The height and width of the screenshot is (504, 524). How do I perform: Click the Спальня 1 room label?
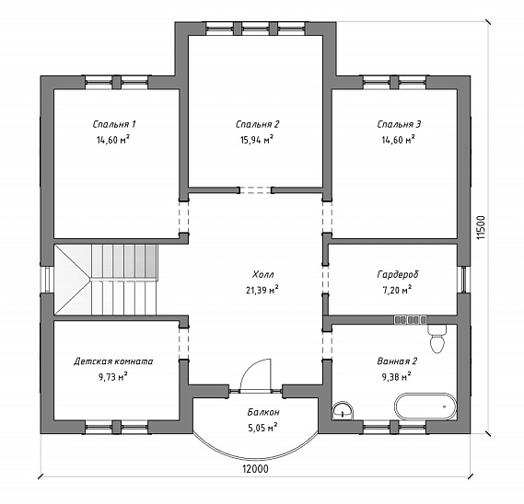click(x=114, y=124)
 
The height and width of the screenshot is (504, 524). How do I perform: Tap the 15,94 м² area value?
click(x=257, y=140)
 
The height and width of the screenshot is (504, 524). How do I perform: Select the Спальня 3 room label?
click(x=399, y=124)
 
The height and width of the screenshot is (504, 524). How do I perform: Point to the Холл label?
click(x=263, y=274)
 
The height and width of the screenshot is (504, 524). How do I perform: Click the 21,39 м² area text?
click(x=262, y=290)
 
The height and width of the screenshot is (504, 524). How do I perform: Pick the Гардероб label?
click(x=398, y=274)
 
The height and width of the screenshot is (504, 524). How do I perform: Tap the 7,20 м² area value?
click(x=397, y=290)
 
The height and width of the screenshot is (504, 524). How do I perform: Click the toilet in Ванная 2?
click(x=437, y=338)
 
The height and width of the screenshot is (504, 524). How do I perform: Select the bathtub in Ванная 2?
click(x=425, y=407)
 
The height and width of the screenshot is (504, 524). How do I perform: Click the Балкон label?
click(x=263, y=412)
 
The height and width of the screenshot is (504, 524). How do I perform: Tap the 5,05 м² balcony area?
click(x=262, y=428)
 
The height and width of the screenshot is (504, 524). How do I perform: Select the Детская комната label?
click(x=113, y=361)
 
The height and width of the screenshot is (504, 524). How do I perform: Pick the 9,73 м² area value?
click(x=113, y=377)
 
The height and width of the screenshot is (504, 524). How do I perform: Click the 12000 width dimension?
click(x=255, y=469)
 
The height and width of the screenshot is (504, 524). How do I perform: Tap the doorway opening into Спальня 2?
click(x=256, y=190)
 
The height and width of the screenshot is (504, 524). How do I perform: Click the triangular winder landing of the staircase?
click(x=73, y=280)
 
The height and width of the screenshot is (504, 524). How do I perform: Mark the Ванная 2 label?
click(x=397, y=361)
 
